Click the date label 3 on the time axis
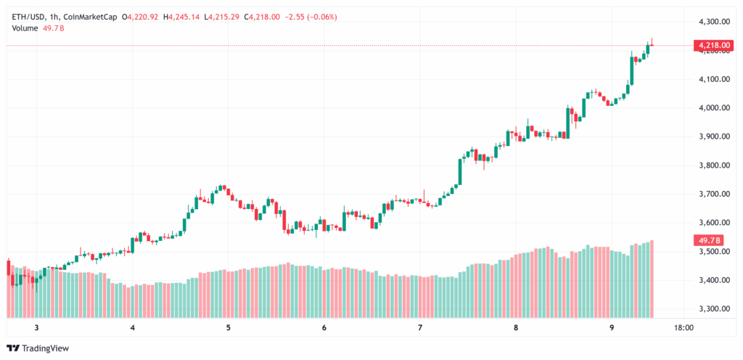[x=37, y=328]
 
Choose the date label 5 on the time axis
[x=229, y=328]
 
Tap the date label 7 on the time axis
[x=420, y=328]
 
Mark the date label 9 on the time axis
[x=612, y=328]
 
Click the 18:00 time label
[x=684, y=328]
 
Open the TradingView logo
[x=39, y=348]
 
